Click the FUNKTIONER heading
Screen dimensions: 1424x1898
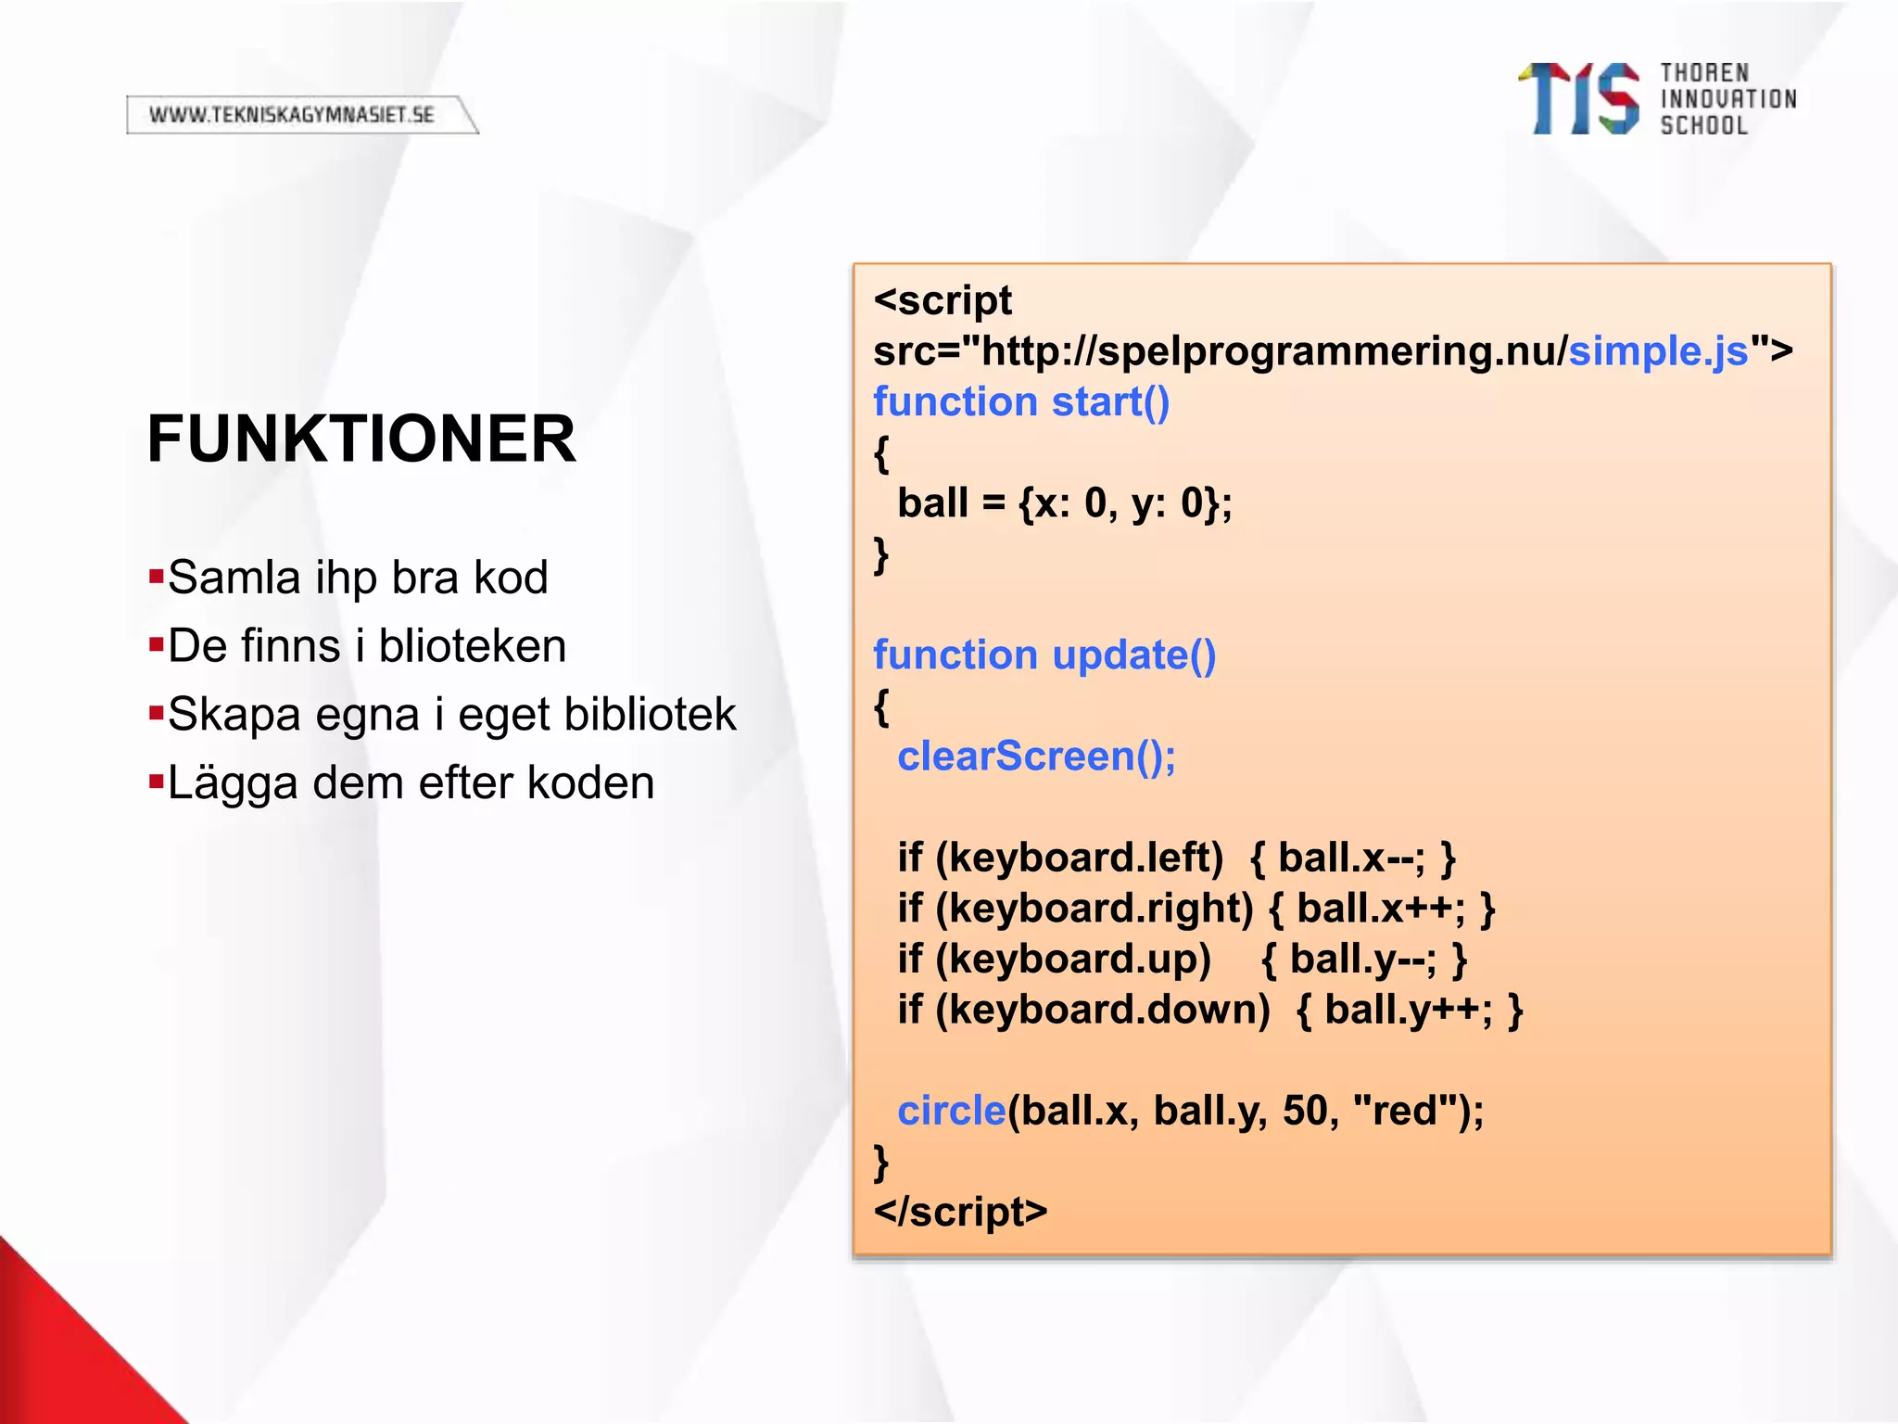tap(361, 439)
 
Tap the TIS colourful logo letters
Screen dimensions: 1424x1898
tap(1578, 99)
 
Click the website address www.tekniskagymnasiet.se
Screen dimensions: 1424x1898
tap(292, 115)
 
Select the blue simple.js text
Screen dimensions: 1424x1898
tap(1658, 351)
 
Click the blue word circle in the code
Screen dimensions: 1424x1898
tap(951, 1111)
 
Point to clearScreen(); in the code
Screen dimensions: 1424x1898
tap(1036, 756)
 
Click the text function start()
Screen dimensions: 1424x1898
tap(1021, 402)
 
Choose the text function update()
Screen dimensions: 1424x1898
tap(1044, 655)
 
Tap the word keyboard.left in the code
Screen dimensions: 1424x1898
tap(1086, 858)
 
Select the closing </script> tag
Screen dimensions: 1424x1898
tap(960, 1212)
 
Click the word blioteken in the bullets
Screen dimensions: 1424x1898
tap(473, 646)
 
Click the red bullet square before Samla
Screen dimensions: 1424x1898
tap(156, 577)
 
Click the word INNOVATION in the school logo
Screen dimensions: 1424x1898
tap(1728, 99)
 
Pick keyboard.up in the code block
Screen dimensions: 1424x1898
tap(1080, 959)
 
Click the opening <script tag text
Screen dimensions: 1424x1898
tap(943, 301)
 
